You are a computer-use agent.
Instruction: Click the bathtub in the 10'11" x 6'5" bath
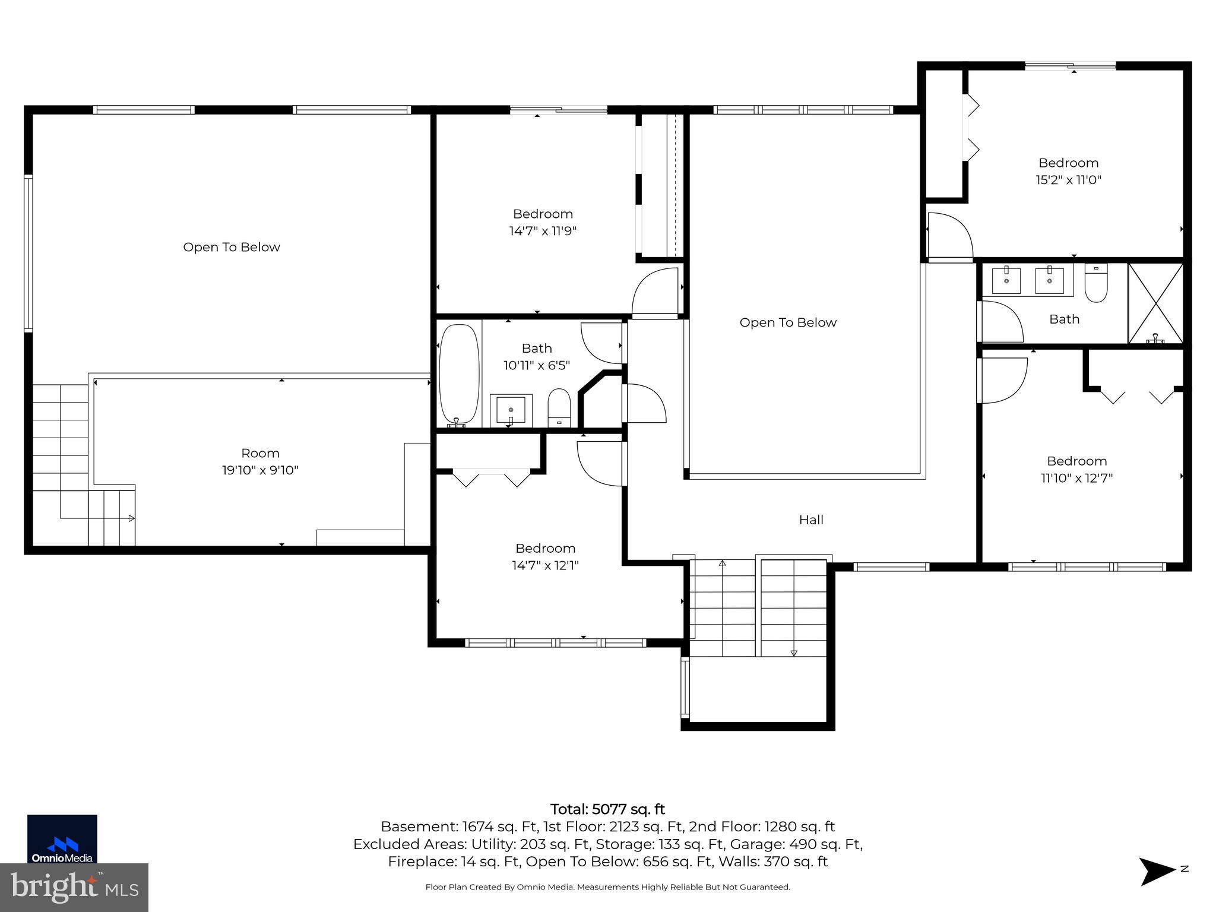click(458, 374)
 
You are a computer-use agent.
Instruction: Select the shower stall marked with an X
click(1155, 303)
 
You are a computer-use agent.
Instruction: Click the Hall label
click(811, 520)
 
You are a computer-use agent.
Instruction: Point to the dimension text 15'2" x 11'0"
click(1068, 180)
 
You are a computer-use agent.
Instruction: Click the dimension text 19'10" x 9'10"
click(260, 470)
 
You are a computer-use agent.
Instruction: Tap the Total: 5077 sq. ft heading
click(607, 809)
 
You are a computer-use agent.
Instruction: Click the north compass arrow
click(1157, 871)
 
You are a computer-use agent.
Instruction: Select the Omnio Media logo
click(62, 838)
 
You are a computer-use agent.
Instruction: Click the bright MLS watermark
click(74, 887)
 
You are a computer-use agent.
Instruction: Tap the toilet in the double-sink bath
click(1095, 284)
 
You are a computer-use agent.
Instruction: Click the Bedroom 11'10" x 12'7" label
click(1076, 461)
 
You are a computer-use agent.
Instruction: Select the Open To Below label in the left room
click(231, 247)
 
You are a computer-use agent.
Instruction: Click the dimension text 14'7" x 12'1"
click(545, 565)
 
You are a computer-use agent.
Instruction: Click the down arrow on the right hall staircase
click(794, 653)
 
